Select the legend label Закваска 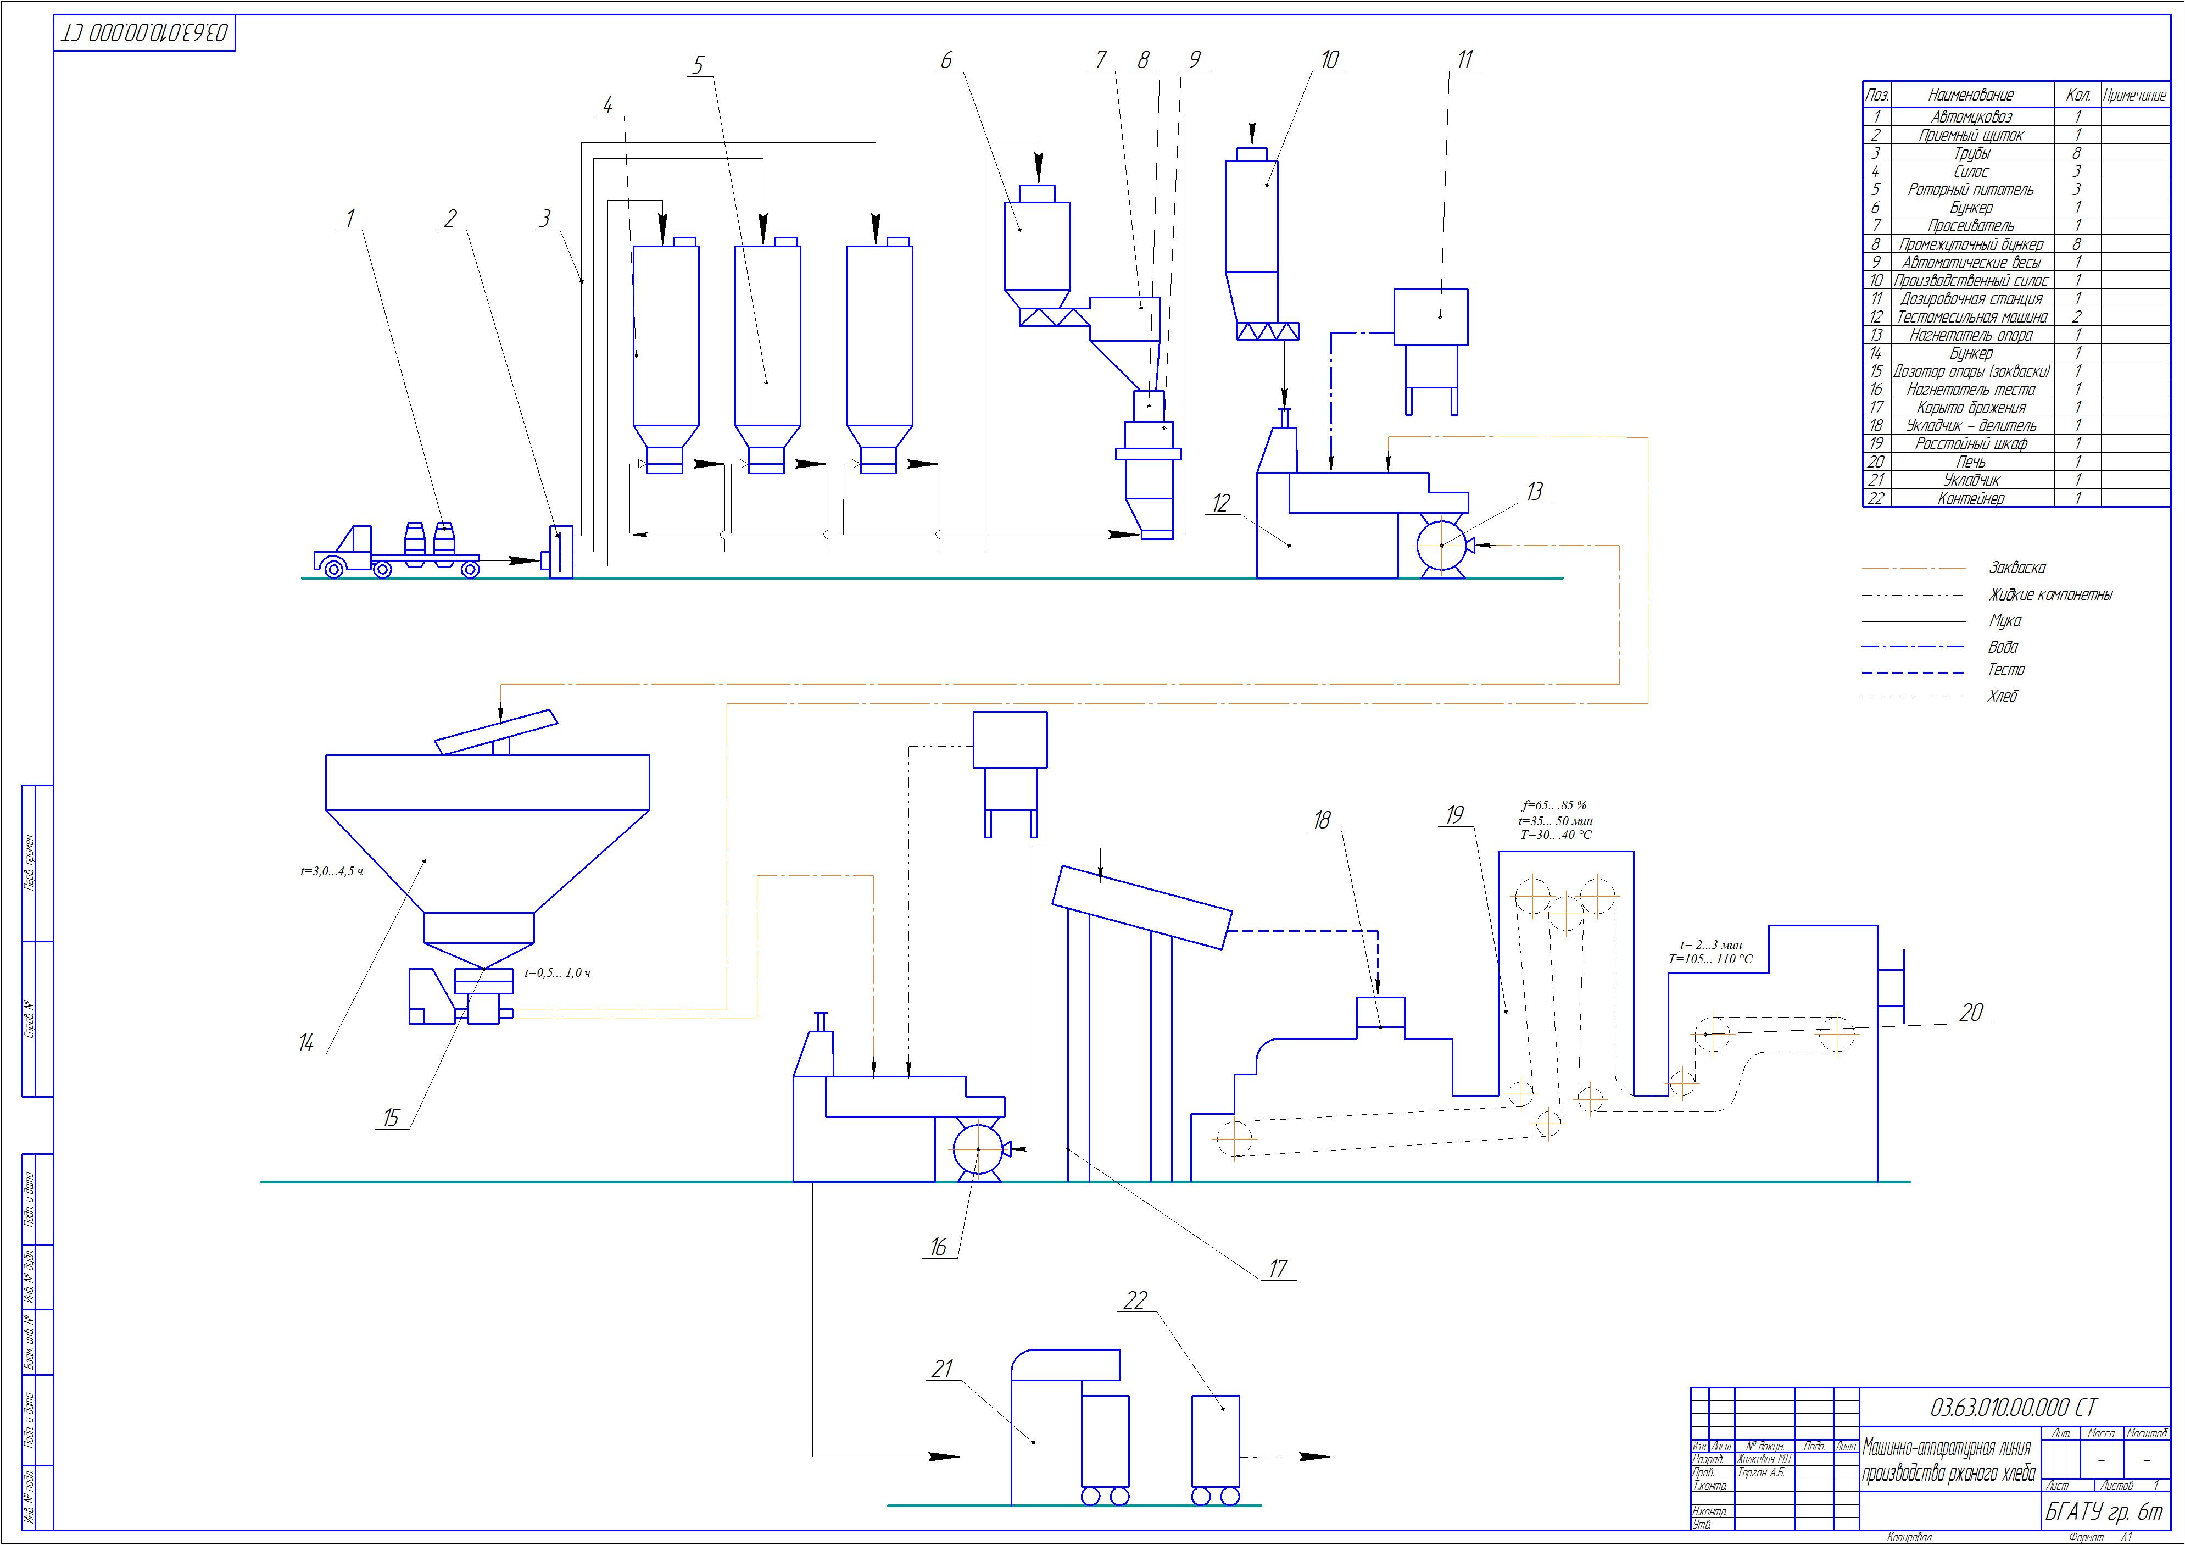pyautogui.click(x=2016, y=568)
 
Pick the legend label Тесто pyautogui.click(x=2006, y=670)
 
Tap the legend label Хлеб pyautogui.click(x=2002, y=696)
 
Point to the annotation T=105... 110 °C pyautogui.click(x=1710, y=959)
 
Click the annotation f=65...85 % pyautogui.click(x=1554, y=805)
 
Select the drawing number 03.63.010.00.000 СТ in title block pyautogui.click(x=2013, y=1407)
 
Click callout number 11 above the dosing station pyautogui.click(x=1464, y=60)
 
